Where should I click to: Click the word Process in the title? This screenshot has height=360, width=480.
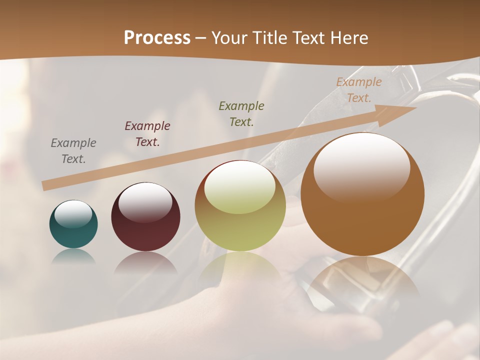[x=157, y=38]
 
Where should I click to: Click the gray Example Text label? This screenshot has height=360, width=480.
[x=73, y=150]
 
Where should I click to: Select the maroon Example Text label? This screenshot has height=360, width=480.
[x=147, y=133]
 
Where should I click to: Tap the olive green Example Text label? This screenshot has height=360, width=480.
[x=241, y=113]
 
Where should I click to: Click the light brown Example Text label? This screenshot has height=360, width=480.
[x=358, y=89]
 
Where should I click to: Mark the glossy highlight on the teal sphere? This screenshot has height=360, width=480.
[x=73, y=213]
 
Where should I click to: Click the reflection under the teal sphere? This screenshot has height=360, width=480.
[x=73, y=256]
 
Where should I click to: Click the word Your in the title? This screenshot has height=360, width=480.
[x=229, y=38]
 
